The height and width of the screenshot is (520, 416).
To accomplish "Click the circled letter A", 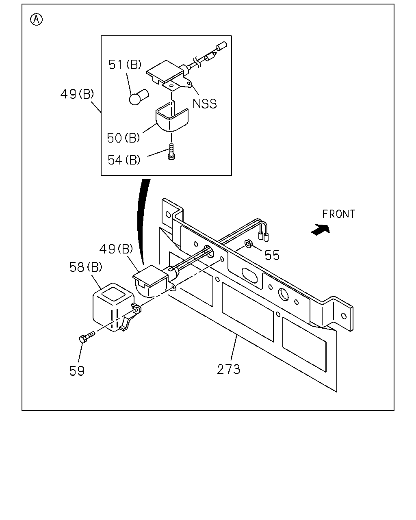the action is point(36,19).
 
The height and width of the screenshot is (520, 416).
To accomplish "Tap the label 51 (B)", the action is point(125,65).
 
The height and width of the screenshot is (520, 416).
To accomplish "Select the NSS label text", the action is point(204,104).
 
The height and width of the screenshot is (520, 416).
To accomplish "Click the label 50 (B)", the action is point(123,138).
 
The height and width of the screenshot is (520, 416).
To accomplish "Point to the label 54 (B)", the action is point(124,160).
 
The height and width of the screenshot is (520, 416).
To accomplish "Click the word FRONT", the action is point(339,214).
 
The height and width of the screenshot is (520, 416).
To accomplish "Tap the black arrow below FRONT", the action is point(321,229).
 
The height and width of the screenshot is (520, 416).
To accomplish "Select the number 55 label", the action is point(272,255).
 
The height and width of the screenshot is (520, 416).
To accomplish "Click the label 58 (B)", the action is point(86,267).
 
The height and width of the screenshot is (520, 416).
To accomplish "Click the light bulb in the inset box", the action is point(139,97).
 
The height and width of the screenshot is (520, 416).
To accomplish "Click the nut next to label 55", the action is point(249,244).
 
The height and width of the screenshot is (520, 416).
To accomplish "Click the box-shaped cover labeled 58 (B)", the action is point(114,307).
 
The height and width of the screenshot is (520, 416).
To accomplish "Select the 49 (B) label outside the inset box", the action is point(77,94).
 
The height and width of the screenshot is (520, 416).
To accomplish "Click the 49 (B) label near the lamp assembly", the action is point(116,249).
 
